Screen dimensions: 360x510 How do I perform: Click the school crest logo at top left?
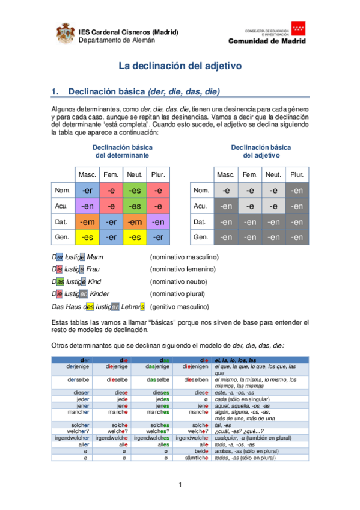tap(66, 34)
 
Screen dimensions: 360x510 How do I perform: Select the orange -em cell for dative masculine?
tap(87, 221)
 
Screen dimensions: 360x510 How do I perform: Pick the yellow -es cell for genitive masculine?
tap(87, 237)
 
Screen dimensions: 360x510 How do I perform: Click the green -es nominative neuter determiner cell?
tap(135, 190)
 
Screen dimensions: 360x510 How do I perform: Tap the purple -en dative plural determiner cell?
tap(158, 221)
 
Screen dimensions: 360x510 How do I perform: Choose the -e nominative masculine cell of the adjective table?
tap(226, 190)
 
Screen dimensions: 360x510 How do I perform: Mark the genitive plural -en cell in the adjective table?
tap(297, 237)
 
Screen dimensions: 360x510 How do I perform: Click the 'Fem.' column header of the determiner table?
tap(111, 174)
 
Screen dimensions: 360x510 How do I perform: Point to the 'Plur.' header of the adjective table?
tap(297, 174)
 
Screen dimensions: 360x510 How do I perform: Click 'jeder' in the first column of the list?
tap(82, 399)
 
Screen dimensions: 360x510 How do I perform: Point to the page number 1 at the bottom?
tap(180, 485)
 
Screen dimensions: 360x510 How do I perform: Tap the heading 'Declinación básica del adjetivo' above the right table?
tap(261, 151)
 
